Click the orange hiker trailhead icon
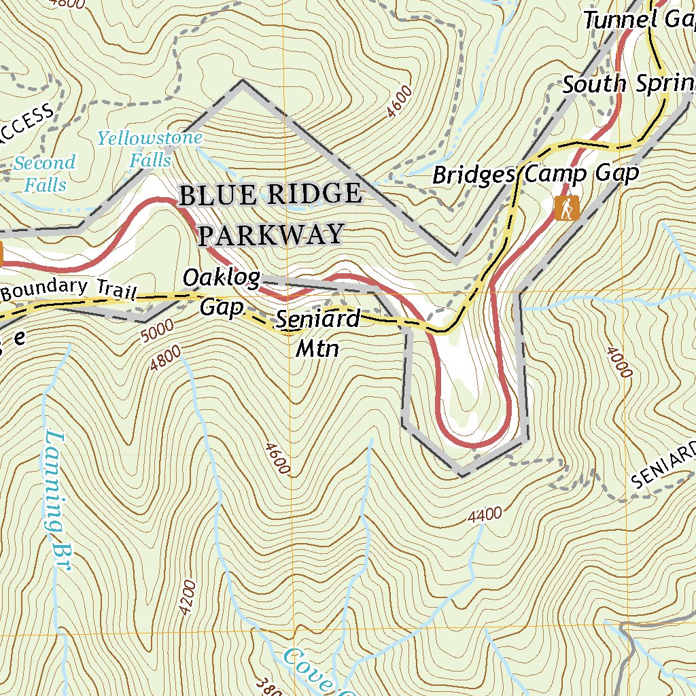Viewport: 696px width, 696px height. coord(566,208)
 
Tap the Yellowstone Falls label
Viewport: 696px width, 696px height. coord(150,149)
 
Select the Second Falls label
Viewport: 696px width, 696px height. coord(44,173)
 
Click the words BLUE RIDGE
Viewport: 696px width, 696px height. coord(270,195)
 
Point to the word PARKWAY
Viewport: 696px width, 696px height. coord(270,235)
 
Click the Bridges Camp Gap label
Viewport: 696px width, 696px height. coord(536,174)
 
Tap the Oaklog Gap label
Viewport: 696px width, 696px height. coord(222,292)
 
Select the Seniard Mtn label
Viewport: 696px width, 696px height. coord(317,333)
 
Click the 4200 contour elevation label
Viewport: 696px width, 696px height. coord(188,598)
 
